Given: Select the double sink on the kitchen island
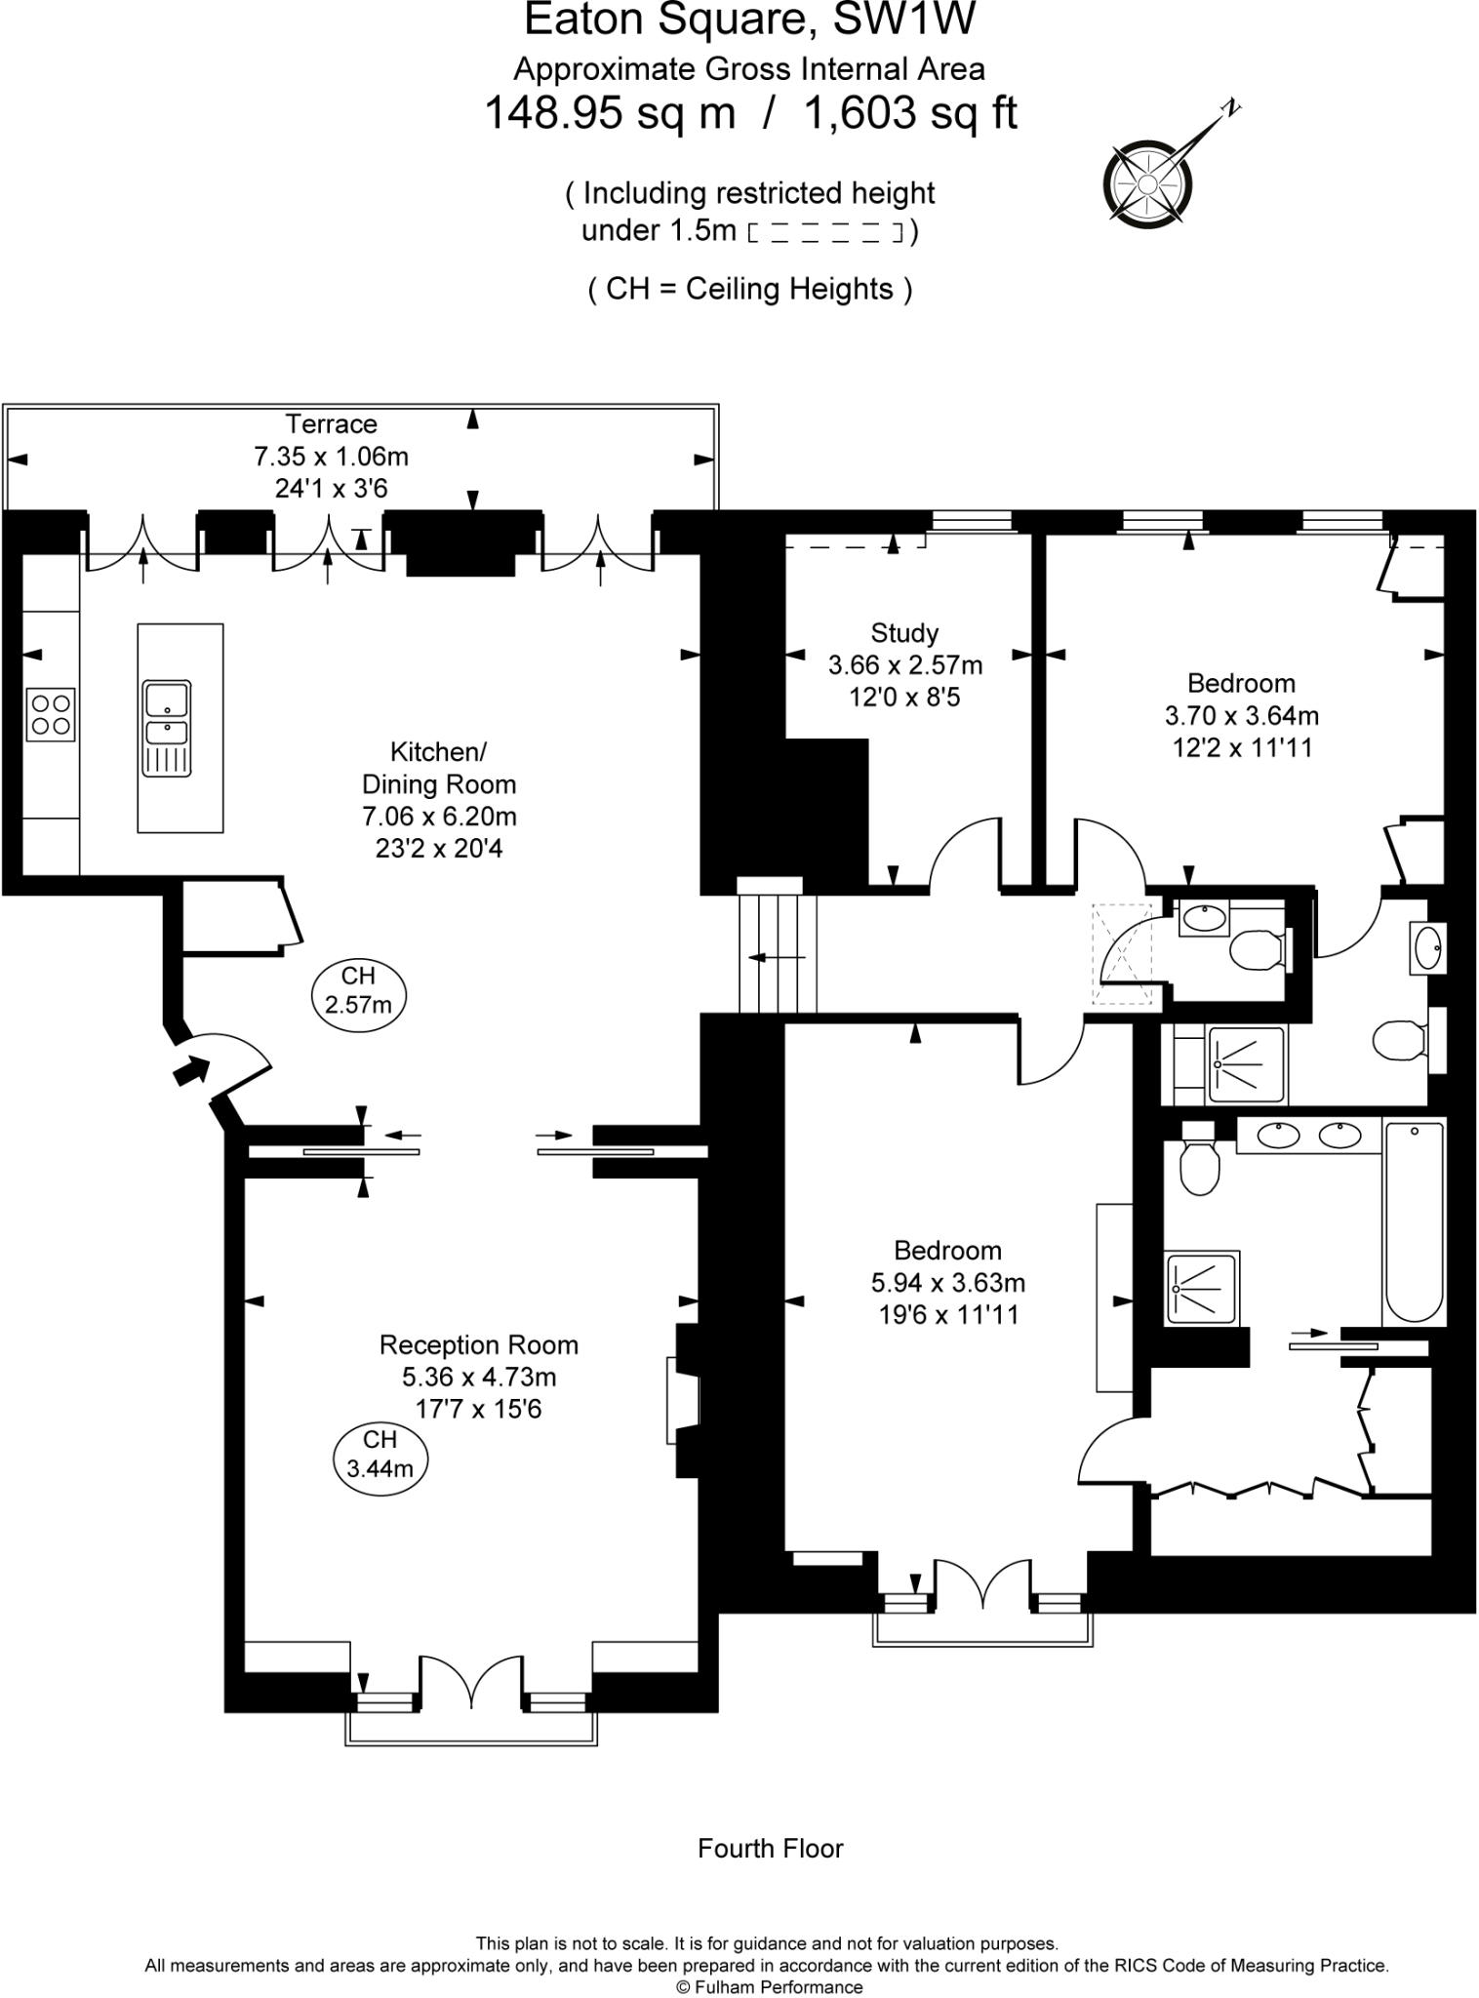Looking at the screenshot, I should (167, 728).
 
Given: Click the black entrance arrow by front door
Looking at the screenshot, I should (191, 1070).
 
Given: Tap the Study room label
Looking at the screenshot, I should (904, 633).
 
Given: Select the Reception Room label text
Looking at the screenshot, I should (478, 1345).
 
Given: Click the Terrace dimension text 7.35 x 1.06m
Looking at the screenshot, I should (331, 456).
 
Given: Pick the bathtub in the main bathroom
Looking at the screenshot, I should (1413, 1221).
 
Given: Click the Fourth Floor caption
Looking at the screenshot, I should (770, 1849).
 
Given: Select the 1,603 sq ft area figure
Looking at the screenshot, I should (909, 113).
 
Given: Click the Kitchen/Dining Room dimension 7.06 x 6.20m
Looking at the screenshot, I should (438, 817).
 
